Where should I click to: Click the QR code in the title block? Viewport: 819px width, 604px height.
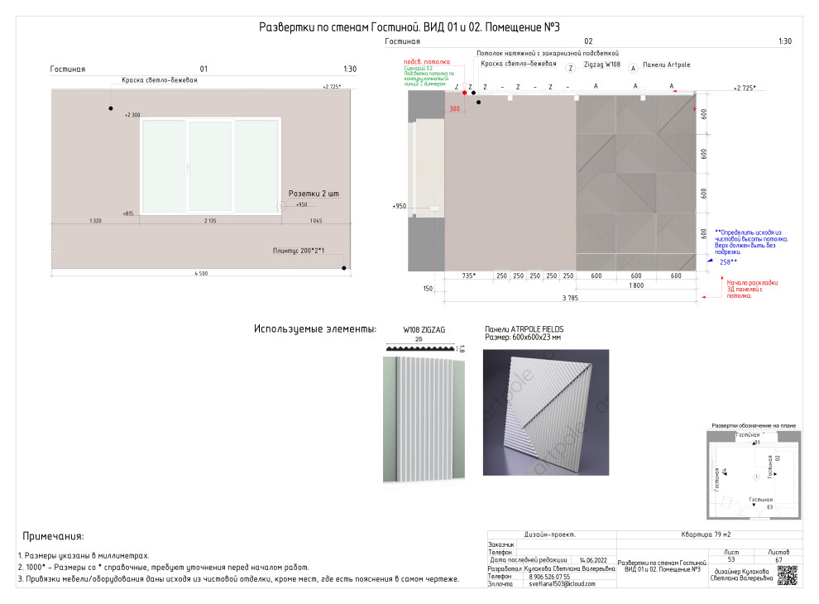pyautogui.click(x=787, y=575)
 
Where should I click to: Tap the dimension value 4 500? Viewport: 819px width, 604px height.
pyautogui.click(x=201, y=274)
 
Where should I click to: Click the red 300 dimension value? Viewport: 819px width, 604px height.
pyautogui.click(x=454, y=108)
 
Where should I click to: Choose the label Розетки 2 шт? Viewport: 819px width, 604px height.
pyautogui.click(x=314, y=194)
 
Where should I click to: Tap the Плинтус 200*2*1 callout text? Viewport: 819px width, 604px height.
pyautogui.click(x=299, y=250)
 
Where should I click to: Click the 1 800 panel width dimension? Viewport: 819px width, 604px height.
pyautogui.click(x=635, y=285)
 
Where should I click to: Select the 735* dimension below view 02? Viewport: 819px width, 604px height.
pyautogui.click(x=468, y=276)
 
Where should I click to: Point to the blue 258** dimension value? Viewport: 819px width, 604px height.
pyautogui.click(x=728, y=261)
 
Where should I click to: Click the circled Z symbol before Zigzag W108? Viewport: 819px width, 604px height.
pyautogui.click(x=571, y=65)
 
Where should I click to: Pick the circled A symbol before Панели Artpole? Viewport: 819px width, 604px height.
pyautogui.click(x=633, y=65)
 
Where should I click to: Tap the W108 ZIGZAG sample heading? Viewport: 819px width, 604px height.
pyautogui.click(x=424, y=329)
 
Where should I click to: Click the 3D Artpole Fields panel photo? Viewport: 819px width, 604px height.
pyautogui.click(x=545, y=412)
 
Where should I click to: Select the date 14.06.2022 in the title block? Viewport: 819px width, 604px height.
pyautogui.click(x=594, y=560)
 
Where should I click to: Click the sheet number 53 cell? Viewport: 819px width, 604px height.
pyautogui.click(x=731, y=560)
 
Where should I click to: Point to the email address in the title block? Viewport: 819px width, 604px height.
pyautogui.click(x=562, y=584)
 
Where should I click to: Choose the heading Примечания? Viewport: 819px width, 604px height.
pyautogui.click(x=53, y=536)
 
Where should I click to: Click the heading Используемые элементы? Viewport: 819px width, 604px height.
pyautogui.click(x=315, y=329)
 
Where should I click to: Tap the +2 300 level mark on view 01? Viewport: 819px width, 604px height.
pyautogui.click(x=132, y=115)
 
